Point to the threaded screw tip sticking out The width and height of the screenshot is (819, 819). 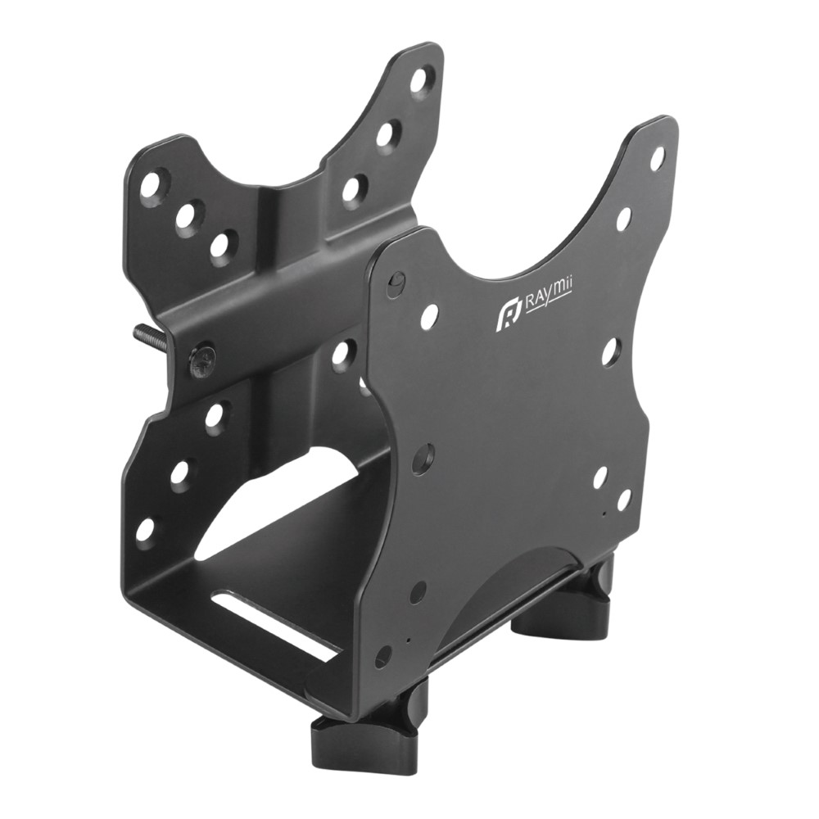151,335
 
